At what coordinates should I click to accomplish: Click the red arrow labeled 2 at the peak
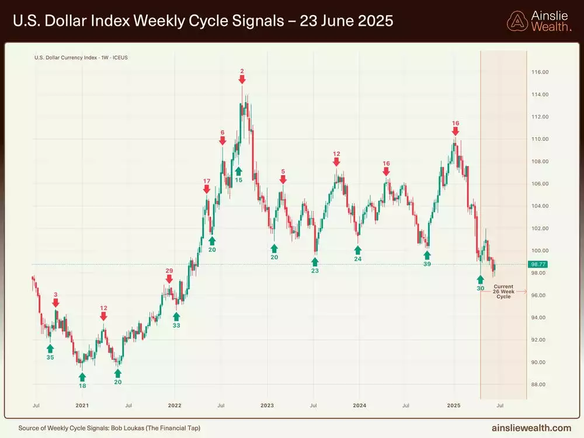coord(242,80)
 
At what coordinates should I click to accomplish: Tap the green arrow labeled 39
coord(427,255)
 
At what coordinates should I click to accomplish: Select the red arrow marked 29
coord(169,279)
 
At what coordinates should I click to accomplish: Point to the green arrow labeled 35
coord(50,348)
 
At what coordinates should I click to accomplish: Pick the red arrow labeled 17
coord(207,190)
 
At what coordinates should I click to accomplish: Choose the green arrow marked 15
coord(238,171)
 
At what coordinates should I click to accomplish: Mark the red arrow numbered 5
coord(283,180)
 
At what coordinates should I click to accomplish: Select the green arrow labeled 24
coord(357,249)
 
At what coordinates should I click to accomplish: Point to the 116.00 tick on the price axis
coord(540,72)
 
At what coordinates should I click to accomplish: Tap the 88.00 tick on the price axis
coord(540,384)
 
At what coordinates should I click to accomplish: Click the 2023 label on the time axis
coord(267,404)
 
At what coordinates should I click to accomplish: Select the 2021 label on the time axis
coord(82,404)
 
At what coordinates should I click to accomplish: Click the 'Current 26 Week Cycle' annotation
coord(503,291)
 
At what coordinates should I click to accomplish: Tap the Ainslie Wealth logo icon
coord(517,21)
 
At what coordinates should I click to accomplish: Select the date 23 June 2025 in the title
coord(346,21)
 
